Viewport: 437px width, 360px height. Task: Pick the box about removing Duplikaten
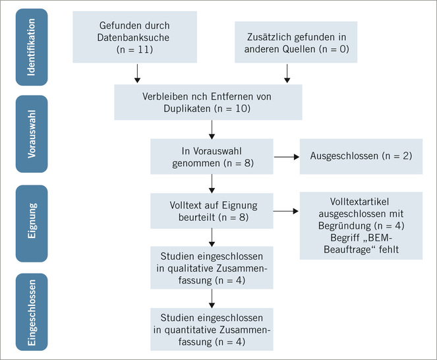pos(211,102)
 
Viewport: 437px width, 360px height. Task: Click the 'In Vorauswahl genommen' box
pos(210,156)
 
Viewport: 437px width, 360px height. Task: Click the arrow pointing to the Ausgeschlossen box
pos(284,157)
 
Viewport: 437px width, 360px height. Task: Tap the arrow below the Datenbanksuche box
pos(137,72)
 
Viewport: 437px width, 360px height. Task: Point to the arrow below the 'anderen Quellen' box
pos(287,72)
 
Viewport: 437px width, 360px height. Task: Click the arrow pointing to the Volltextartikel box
pos(284,210)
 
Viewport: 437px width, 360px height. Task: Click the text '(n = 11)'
pos(137,49)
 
